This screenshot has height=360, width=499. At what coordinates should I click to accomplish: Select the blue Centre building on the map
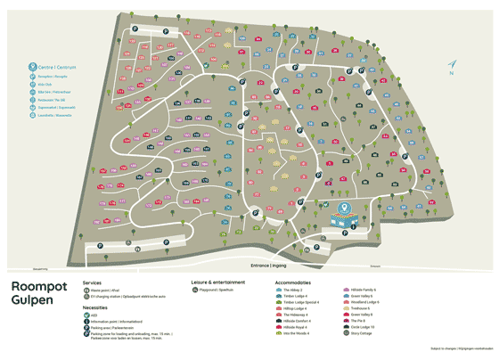[x=344, y=215]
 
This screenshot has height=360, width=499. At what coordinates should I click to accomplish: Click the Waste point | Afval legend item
[x=105, y=290]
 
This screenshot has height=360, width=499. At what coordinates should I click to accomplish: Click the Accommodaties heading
[x=293, y=282]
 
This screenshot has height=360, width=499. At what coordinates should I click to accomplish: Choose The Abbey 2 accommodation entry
[x=290, y=290]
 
